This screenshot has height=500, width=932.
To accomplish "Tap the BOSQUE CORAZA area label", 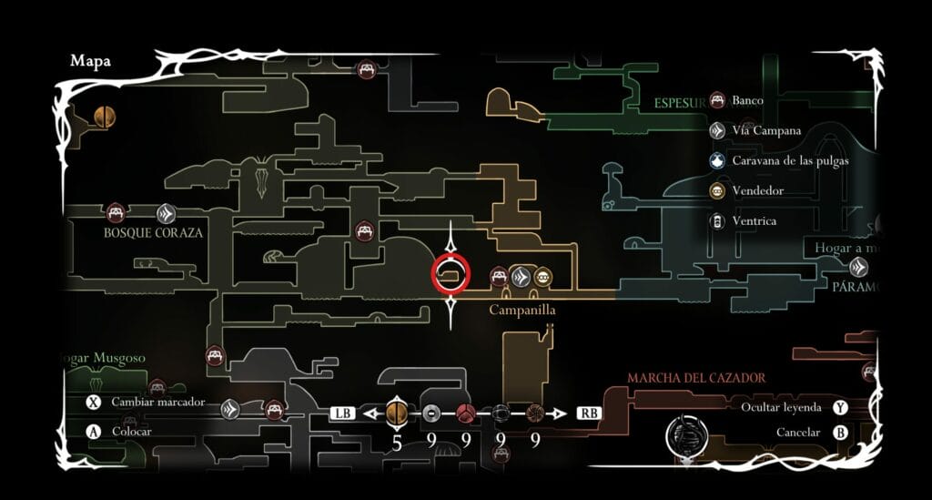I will tap(153, 233).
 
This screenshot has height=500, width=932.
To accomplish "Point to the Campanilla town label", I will tap(522, 310).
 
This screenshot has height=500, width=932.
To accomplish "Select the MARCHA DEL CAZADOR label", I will tap(695, 377).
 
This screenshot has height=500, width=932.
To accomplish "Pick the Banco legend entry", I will tap(748, 100).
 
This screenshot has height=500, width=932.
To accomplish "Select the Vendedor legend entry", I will tap(757, 191).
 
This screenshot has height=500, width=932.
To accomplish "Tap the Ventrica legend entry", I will tap(754, 220).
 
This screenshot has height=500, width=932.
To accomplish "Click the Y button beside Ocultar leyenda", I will tap(840, 408).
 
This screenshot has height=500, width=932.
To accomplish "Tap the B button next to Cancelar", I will tap(840, 433).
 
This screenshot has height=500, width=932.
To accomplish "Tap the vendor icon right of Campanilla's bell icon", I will tap(542, 277).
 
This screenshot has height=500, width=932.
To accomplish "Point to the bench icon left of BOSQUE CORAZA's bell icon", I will tap(115, 213).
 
